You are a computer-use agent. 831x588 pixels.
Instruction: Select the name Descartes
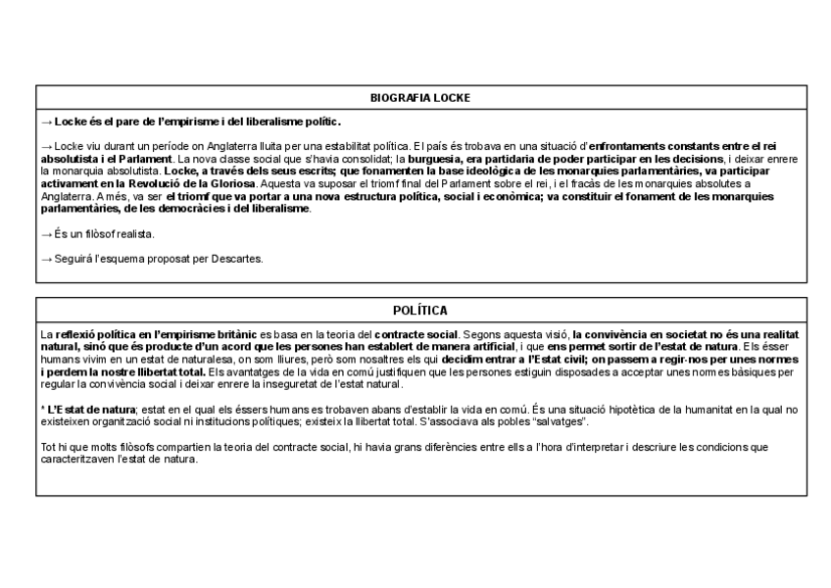coord(241,259)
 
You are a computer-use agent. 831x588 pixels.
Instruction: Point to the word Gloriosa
coord(230,183)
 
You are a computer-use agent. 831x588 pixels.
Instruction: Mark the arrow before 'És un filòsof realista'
coord(46,234)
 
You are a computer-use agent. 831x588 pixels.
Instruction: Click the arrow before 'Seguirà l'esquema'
coord(46,259)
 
